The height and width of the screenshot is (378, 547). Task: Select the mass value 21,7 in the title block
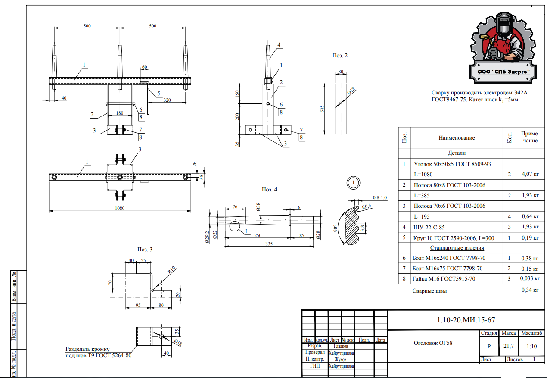click(x=508, y=346)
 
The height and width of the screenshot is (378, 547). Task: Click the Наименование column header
click(x=457, y=138)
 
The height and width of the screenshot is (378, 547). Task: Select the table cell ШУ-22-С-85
click(x=431, y=227)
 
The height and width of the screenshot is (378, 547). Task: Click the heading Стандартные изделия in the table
click(x=457, y=248)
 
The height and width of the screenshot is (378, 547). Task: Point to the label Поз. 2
click(x=339, y=56)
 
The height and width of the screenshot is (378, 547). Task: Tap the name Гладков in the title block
click(x=341, y=346)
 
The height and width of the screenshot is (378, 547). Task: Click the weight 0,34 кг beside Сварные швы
click(x=530, y=290)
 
